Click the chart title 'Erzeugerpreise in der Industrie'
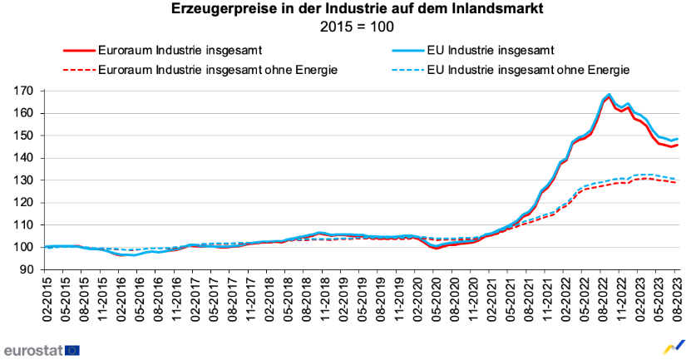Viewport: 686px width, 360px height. tap(343, 10)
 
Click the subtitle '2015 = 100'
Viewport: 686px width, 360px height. tap(343, 27)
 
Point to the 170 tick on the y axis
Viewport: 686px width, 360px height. tap(25, 91)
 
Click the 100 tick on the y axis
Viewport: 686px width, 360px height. tap(25, 248)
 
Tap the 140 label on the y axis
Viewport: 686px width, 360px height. tap(25, 158)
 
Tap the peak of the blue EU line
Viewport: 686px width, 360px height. tap(609, 95)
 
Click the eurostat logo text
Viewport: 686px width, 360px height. tap(32, 349)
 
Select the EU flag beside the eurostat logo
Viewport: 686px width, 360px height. tap(72, 349)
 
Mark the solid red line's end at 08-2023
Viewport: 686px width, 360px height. tap(677, 145)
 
